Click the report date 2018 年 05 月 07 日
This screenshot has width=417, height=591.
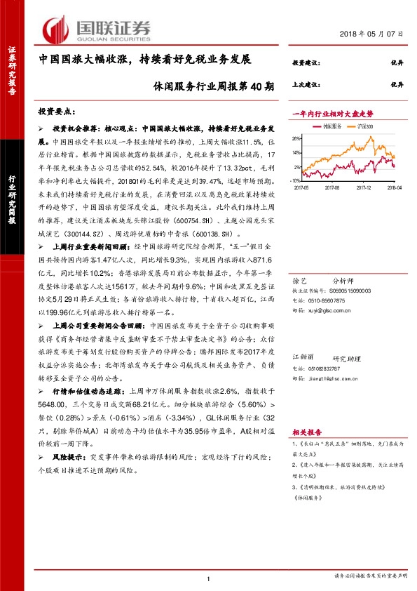[373, 34]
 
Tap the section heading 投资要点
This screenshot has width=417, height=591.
[55, 111]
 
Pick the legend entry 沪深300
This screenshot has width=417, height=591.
[364, 126]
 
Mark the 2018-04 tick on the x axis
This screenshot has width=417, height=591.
[394, 188]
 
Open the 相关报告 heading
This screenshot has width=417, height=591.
[306, 434]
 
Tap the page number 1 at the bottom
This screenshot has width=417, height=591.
[209, 578]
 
